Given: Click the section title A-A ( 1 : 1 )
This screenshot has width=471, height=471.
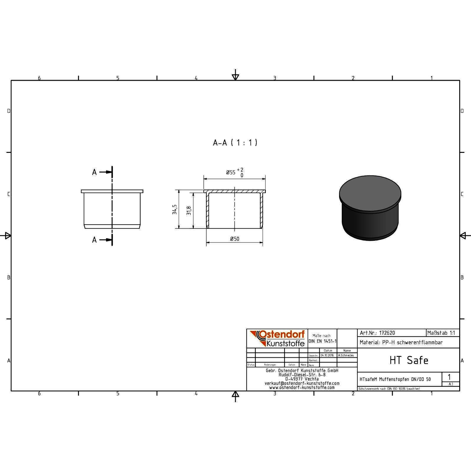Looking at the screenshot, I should click(235, 143).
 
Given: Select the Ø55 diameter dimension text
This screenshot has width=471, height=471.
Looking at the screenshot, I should click(231, 173).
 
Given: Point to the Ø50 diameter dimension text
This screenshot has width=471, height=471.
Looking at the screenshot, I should click(235, 239).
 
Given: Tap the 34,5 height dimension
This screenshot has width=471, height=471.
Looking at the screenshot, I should click(175, 209).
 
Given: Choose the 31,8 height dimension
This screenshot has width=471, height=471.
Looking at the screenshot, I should click(189, 210).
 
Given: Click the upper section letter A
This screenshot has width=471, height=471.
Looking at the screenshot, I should click(94, 172).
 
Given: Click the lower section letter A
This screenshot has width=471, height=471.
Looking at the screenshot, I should click(94, 240).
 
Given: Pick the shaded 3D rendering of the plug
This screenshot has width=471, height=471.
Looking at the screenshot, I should click(370, 208).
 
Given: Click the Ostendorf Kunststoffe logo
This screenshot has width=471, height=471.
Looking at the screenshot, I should click(277, 338).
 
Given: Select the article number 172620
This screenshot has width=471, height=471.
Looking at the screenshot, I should click(387, 333).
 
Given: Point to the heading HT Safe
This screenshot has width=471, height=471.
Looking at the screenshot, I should click(409, 360).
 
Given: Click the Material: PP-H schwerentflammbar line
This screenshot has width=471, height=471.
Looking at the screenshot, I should click(401, 342).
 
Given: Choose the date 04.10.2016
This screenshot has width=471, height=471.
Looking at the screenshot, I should click(327, 355).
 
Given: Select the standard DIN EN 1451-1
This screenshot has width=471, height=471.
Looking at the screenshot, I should click(322, 341).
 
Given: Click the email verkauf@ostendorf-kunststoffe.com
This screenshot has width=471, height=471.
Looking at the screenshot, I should click(302, 383).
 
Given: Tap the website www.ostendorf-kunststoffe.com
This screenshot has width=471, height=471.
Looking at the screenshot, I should click(302, 387).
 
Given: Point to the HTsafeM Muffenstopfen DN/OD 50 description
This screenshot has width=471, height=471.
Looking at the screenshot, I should click(395, 379).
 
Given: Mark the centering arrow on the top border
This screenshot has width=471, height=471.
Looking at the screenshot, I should click(235, 76).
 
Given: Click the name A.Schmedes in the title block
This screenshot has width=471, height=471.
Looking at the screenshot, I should click(346, 355).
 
